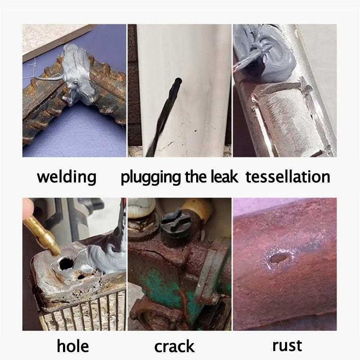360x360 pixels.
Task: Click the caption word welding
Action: [x=67, y=177]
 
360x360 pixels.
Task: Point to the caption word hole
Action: [x=73, y=346]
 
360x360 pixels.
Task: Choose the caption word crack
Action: [x=175, y=346]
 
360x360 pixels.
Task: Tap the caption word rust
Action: [x=287, y=346]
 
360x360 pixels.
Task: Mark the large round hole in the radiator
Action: [x=66, y=264]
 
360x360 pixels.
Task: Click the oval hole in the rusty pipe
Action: [x=279, y=258]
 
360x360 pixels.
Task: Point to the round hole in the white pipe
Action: [x=178, y=81]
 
